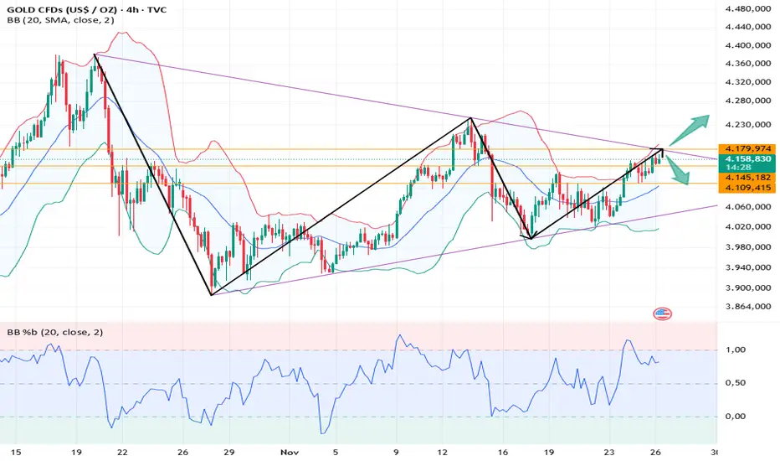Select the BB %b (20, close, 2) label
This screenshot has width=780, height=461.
click(x=50, y=333)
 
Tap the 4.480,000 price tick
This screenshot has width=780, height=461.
click(x=746, y=9)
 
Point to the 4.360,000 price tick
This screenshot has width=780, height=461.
click(x=746, y=64)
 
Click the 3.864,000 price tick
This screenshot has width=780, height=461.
click(x=746, y=307)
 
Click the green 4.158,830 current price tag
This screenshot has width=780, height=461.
click(x=746, y=157)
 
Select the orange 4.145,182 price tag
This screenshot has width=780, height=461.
click(x=746, y=178)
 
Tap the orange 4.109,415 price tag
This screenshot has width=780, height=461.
click(x=746, y=189)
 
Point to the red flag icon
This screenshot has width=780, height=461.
click(x=662, y=313)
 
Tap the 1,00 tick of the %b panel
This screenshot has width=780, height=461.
click(x=736, y=350)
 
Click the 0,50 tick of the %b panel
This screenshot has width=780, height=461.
click(x=736, y=383)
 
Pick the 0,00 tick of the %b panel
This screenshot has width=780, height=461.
click(x=736, y=416)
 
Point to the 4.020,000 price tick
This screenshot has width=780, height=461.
click(x=746, y=226)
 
